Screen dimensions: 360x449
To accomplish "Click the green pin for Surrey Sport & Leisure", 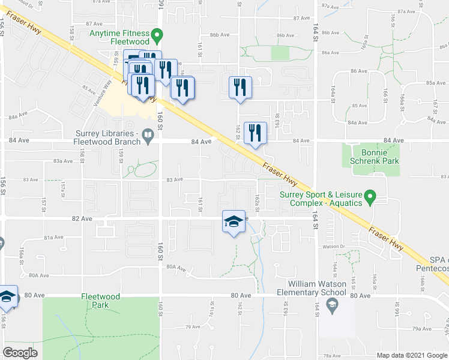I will (371, 197).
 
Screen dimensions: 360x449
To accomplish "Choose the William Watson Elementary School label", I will (316, 288).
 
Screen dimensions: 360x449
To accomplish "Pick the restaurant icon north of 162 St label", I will (240, 87).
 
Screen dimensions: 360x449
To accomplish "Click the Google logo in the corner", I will (20, 352).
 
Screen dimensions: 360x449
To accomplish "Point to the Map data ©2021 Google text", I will (411, 355).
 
